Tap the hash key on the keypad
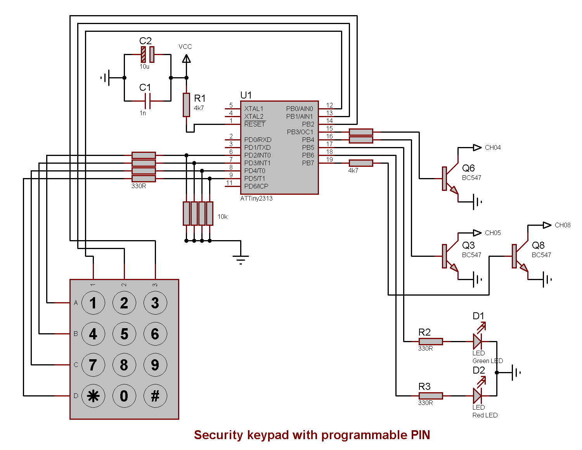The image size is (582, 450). point(155,396)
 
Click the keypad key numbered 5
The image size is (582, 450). point(124,334)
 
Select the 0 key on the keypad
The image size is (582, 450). point(124,396)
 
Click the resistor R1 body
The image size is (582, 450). point(187,105)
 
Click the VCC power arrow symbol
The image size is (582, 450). point(187,59)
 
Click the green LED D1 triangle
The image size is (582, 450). point(477,341)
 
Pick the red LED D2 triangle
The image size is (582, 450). point(477,396)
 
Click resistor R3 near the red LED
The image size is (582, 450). point(431,396)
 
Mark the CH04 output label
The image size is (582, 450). point(493,147)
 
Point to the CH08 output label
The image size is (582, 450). point(563,225)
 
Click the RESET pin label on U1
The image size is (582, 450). point(255,124)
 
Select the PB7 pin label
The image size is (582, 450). point(308,163)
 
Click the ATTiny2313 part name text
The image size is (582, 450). point(256,198)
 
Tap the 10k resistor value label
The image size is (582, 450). point(223,216)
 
